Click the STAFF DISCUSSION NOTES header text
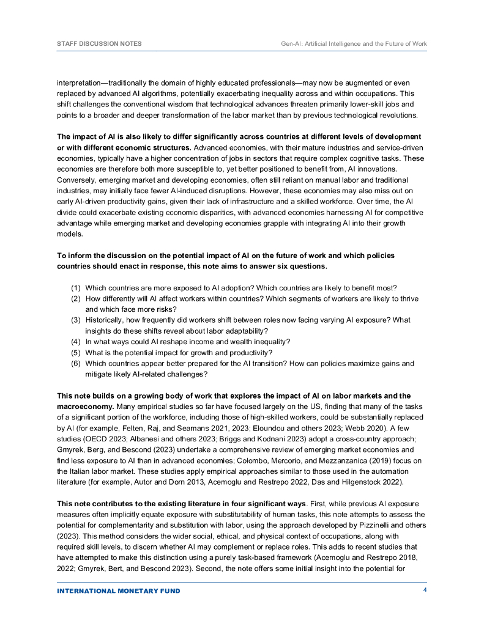click(99, 44)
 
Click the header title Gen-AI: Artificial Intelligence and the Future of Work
click(349, 44)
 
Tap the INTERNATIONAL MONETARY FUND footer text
click(119, 591)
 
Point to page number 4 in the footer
click(425, 591)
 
